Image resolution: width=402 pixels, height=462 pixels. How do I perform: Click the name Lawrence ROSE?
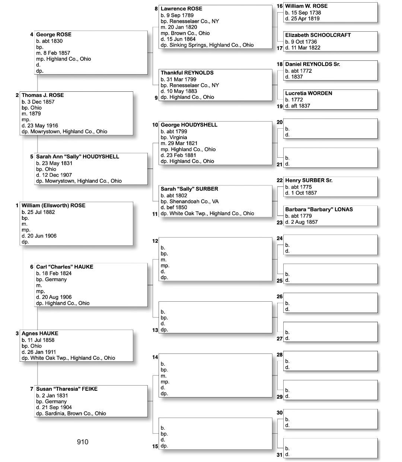click(x=181, y=9)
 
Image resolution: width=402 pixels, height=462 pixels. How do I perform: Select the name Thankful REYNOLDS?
click(x=187, y=73)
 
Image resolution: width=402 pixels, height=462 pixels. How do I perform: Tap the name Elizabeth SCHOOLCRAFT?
click(x=318, y=35)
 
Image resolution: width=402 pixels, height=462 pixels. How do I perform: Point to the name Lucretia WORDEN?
click(x=309, y=93)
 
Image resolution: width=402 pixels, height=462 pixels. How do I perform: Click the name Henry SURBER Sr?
click(x=309, y=180)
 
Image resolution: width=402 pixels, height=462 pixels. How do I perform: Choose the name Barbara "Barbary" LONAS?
click(x=319, y=210)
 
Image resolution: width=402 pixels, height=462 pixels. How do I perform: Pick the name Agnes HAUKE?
click(x=40, y=333)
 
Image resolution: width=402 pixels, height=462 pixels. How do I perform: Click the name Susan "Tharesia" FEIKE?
click(x=67, y=389)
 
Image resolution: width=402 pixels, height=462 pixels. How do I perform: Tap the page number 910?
click(x=83, y=442)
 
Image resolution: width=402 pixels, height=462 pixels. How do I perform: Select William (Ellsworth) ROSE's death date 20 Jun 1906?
click(x=42, y=236)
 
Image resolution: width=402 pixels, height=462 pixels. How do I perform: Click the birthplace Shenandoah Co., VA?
click(x=194, y=201)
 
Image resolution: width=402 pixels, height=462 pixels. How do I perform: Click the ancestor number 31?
click(x=280, y=455)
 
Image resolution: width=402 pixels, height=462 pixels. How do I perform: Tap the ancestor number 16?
click(x=280, y=6)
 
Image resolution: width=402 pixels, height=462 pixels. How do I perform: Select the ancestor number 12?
click(x=155, y=241)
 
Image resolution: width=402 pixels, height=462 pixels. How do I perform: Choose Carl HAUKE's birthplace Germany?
click(x=56, y=279)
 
